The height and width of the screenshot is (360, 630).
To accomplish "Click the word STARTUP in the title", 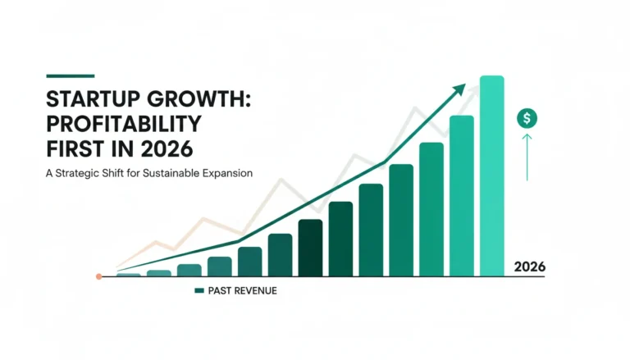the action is coord(94,98).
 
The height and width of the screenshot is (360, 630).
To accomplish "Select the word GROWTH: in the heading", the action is coord(199,98).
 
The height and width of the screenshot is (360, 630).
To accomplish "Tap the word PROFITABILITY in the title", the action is coord(124,124).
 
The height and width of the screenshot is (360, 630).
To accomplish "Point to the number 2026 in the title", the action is coord(167,149).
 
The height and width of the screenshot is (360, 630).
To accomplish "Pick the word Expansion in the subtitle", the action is coord(227,174).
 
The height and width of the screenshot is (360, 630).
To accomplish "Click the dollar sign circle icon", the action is coord(527,118).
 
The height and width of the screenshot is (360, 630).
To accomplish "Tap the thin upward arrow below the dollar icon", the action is coord(527,157).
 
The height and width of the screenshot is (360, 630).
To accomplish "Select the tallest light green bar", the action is coord(492,176).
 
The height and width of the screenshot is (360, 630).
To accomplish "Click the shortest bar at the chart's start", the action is coord(129,275).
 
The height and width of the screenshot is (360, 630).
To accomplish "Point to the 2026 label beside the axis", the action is coord(530,267).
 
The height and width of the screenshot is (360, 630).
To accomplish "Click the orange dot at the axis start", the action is coord(98,276).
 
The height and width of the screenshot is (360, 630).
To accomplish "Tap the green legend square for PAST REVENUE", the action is coord(199,290).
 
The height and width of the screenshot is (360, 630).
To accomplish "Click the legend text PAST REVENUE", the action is coord(242,291).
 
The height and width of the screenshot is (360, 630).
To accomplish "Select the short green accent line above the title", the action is coord(71,75).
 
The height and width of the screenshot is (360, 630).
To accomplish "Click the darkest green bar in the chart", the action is coord(310,248).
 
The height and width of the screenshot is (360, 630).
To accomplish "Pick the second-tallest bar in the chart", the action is coord(462,196).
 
